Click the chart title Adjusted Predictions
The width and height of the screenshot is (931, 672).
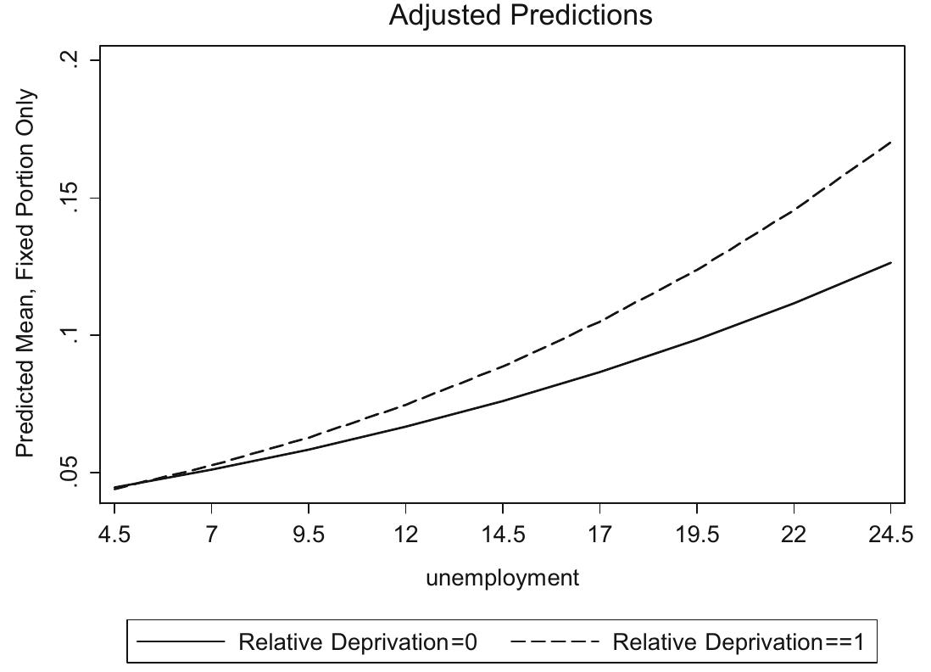click(x=521, y=15)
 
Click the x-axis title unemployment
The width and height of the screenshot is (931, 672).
click(x=502, y=578)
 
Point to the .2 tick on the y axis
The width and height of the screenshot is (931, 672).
click(x=74, y=61)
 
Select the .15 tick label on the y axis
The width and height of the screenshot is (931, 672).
click(x=74, y=199)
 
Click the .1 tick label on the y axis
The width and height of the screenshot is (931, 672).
click(x=74, y=336)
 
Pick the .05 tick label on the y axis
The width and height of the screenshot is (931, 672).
click(x=74, y=473)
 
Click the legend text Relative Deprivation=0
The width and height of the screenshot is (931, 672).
click(x=358, y=642)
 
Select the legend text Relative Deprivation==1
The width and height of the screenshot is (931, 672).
click(x=738, y=642)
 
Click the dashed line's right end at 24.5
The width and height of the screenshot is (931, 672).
click(x=891, y=142)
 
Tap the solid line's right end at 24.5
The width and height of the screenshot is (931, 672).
click(x=891, y=263)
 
